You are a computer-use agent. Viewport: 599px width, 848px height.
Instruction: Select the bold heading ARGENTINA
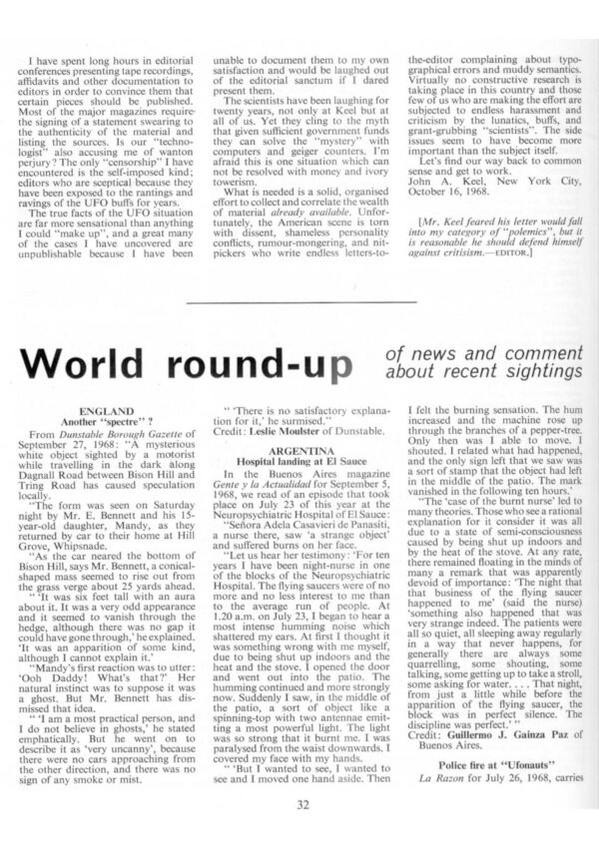300,451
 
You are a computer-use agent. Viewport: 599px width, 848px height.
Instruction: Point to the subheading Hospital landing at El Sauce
300,462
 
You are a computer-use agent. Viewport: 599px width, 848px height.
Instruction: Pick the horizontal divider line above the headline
300,301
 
